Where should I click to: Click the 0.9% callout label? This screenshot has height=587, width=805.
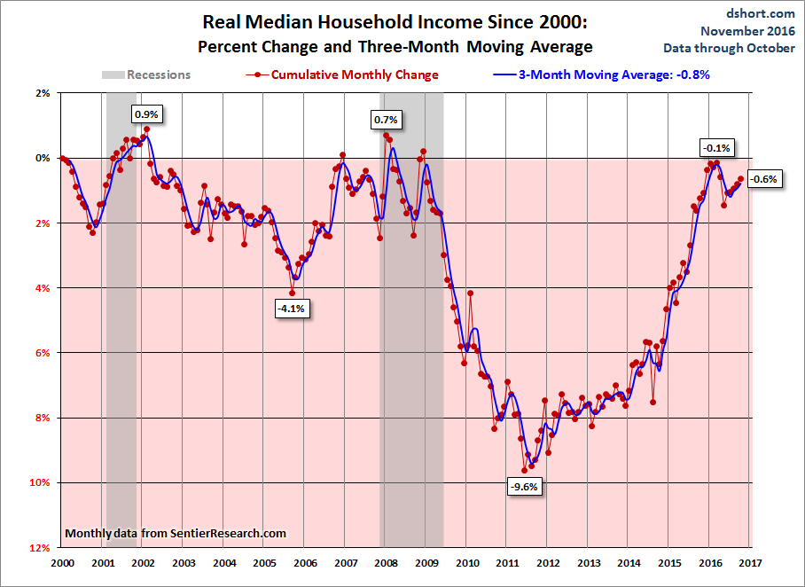(147, 114)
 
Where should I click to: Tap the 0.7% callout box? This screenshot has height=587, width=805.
(386, 120)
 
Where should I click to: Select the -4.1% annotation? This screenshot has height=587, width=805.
(291, 309)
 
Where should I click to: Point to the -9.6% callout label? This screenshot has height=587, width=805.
(525, 486)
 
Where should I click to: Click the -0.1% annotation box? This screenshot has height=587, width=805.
(716, 148)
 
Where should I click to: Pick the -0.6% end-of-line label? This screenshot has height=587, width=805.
(763, 179)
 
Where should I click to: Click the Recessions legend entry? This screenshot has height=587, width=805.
(146, 75)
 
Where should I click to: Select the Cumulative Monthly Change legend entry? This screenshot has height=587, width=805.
(342, 75)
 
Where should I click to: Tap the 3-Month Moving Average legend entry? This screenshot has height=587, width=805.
(602, 75)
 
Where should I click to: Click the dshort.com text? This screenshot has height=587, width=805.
(761, 13)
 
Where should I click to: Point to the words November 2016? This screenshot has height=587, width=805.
(747, 31)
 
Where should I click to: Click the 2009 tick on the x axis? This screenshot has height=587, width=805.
(426, 563)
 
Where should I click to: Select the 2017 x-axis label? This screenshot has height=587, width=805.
(750, 563)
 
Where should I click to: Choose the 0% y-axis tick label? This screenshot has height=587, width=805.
(43, 158)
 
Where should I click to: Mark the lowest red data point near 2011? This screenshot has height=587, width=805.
(524, 470)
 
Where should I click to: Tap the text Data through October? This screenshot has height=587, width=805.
(729, 48)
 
